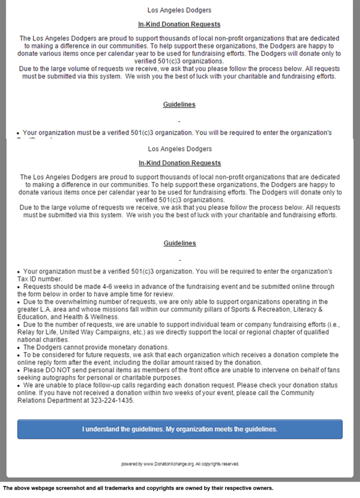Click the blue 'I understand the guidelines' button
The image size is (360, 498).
pyautogui.click(x=179, y=429)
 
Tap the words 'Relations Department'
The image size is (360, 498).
pyautogui.click(x=50, y=401)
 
